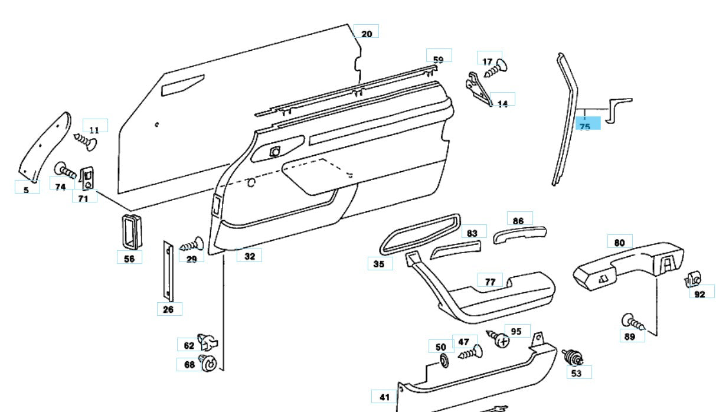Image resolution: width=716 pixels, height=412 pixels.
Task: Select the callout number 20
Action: pos(367,33)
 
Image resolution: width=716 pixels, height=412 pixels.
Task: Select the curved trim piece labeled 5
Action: pos(46,145)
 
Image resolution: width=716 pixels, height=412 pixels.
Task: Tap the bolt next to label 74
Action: pos(66,172)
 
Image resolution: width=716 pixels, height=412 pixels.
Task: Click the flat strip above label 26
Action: pos(168,270)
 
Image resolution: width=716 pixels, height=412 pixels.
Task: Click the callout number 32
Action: pos(250,256)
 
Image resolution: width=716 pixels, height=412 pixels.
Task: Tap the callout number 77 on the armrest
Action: pos(490,282)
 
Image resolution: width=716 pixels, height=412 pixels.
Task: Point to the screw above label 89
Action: pos(633,322)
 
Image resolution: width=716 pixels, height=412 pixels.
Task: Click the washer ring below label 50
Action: pos(442,361)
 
